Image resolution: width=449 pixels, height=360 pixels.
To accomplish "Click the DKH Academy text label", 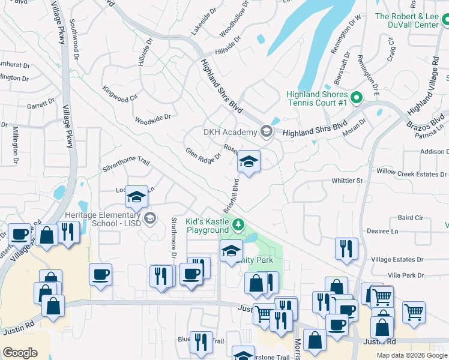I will (x=231, y=132).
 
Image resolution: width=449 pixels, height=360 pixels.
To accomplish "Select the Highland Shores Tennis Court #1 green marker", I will (x=356, y=97).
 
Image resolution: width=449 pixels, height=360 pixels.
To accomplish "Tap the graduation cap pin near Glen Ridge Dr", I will (x=249, y=162).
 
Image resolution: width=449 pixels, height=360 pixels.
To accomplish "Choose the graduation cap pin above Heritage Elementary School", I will (x=136, y=197).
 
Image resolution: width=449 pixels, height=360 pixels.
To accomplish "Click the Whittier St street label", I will (x=348, y=181).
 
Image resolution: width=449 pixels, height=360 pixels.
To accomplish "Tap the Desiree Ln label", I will (x=386, y=231).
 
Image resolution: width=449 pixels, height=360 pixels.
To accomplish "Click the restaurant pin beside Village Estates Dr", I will (x=346, y=248).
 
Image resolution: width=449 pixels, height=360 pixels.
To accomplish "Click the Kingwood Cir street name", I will (x=120, y=94).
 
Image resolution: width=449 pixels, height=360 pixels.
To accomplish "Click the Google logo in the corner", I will (x=20, y=353).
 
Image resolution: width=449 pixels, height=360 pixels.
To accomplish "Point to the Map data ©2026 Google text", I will (x=412, y=355).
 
